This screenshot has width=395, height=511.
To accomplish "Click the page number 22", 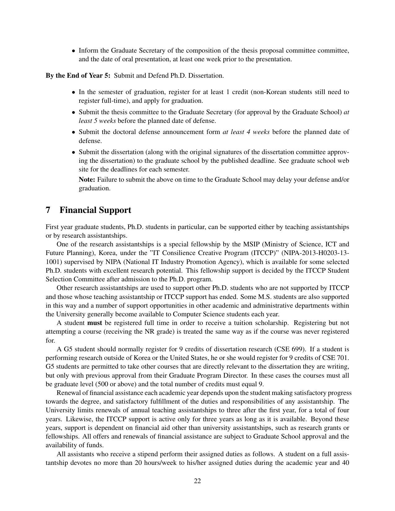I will [x=197, y=481].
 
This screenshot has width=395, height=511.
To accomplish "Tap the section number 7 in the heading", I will [x=48, y=210].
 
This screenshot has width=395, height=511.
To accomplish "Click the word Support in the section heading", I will [x=115, y=210].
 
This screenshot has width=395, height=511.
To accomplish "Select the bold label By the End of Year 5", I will [x=78, y=76].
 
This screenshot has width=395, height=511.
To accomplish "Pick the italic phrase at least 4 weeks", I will [x=246, y=132].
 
